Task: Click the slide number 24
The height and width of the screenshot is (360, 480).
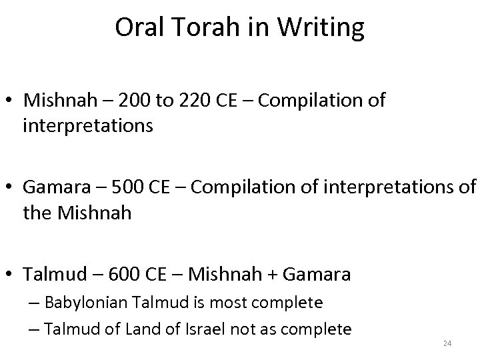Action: click(447, 343)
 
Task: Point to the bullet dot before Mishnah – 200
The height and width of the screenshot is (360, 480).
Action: click(11, 102)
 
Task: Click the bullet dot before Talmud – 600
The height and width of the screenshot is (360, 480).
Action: click(11, 275)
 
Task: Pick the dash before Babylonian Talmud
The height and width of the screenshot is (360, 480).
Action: click(36, 303)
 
